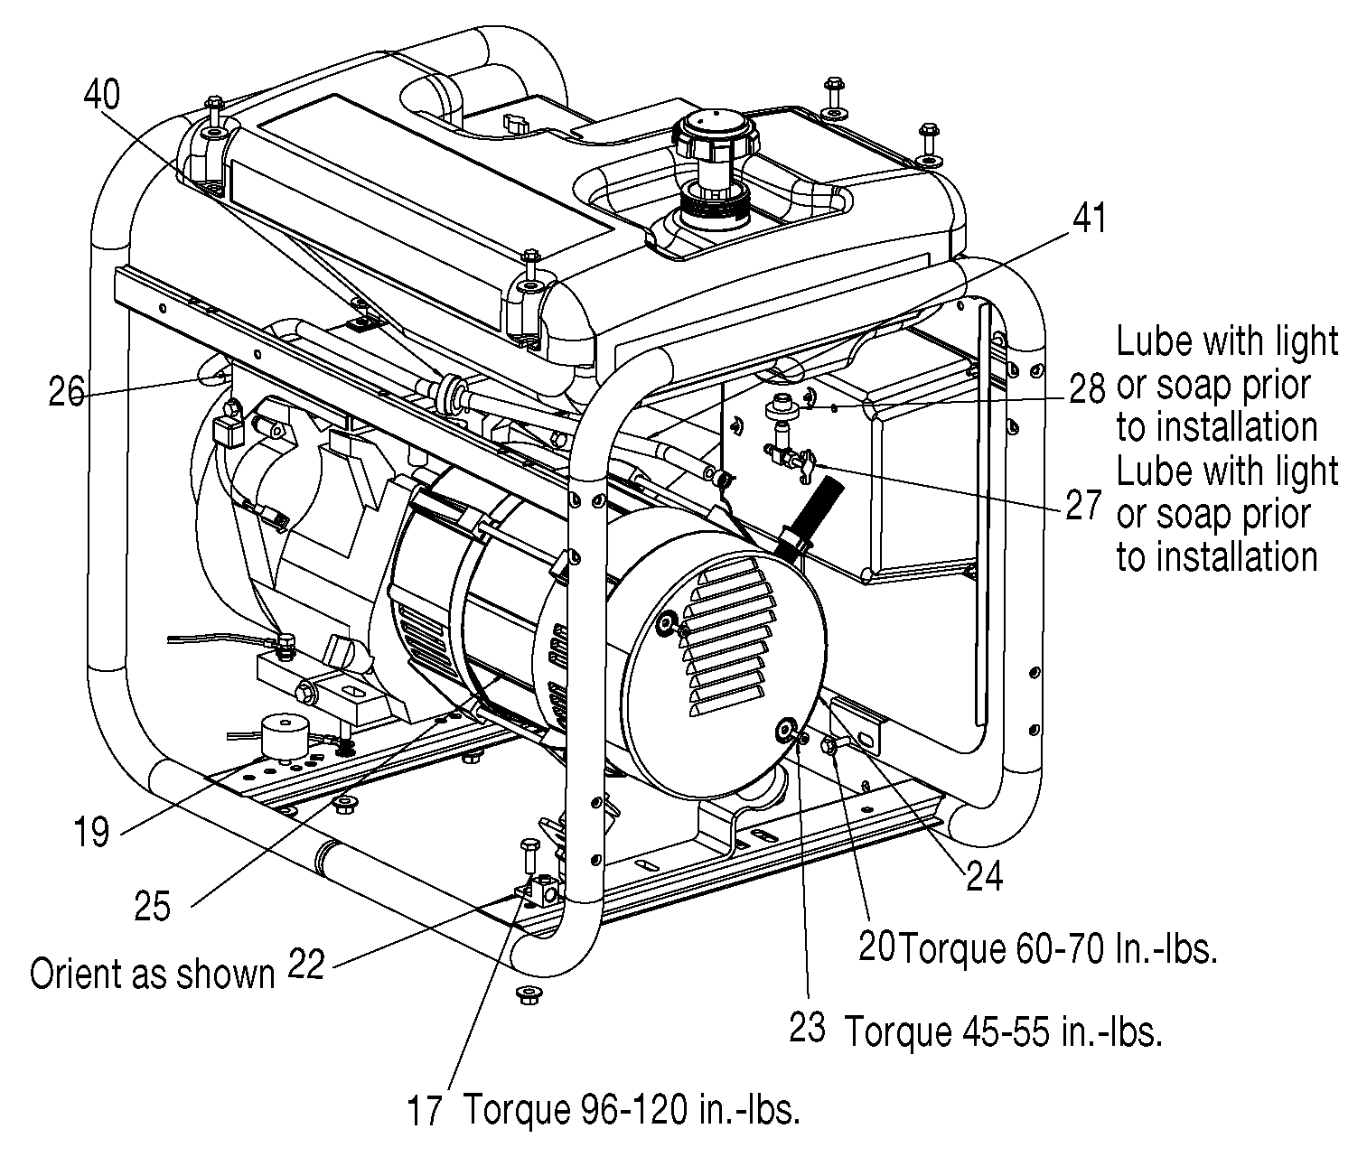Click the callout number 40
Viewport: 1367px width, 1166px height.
click(102, 94)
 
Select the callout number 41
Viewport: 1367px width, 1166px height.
click(1090, 219)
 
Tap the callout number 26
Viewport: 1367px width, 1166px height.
click(66, 391)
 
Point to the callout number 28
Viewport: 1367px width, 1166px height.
click(1087, 388)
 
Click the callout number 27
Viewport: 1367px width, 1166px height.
click(1083, 505)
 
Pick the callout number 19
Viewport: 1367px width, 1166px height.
click(91, 832)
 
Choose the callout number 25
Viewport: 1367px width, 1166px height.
click(152, 906)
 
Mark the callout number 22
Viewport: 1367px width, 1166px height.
click(306, 965)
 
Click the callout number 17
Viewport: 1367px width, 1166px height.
click(424, 1111)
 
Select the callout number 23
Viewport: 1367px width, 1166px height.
click(808, 1028)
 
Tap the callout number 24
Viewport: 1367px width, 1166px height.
click(985, 877)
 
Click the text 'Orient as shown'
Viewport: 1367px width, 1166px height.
click(152, 975)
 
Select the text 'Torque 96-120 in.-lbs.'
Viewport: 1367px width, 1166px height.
click(632, 1110)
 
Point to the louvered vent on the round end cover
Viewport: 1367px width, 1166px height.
click(727, 638)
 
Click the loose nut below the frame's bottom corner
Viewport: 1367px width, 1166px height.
click(528, 994)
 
